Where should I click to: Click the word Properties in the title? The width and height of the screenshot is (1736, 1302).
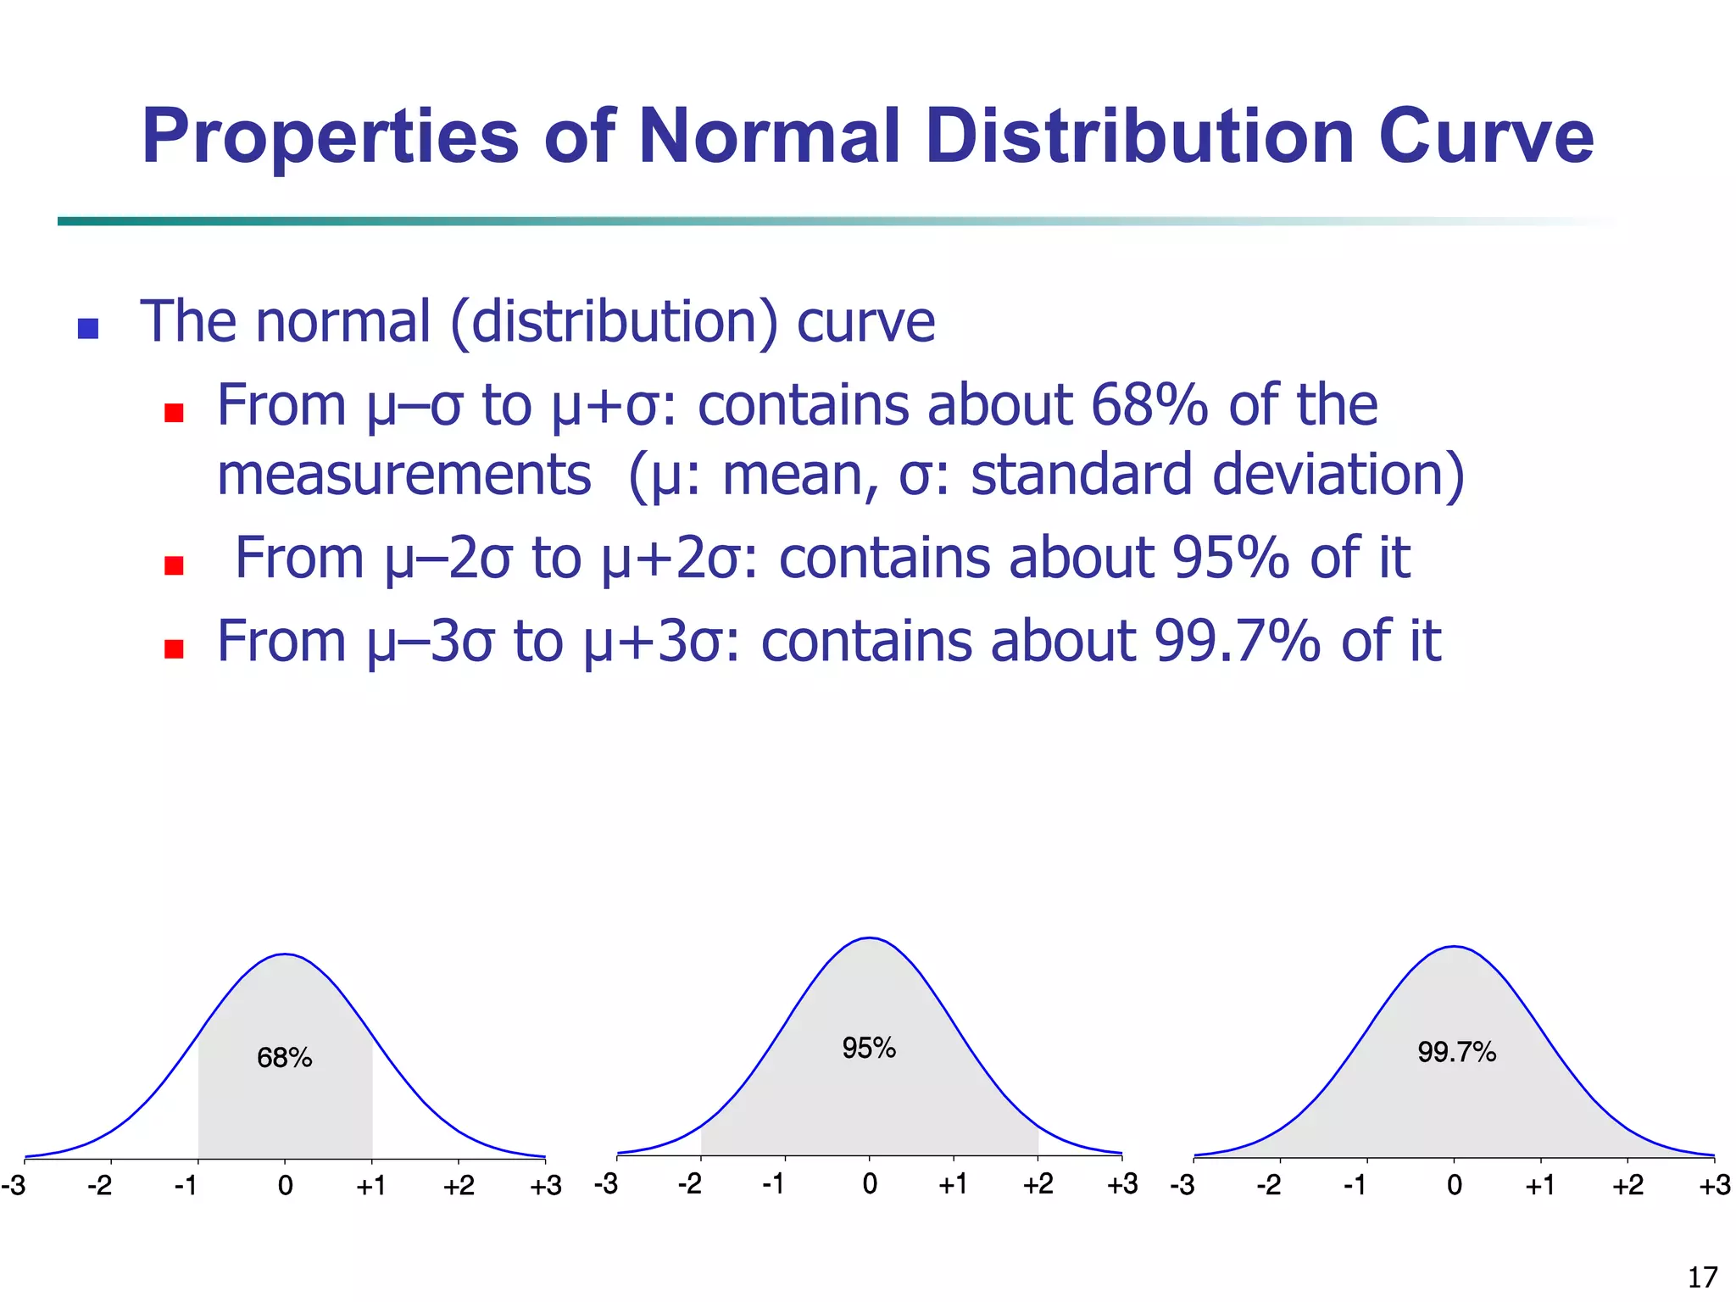(330, 137)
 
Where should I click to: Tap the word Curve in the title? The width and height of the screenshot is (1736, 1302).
(1486, 137)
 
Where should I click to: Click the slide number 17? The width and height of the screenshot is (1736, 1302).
(1702, 1277)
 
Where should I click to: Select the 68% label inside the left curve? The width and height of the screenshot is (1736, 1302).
(285, 1058)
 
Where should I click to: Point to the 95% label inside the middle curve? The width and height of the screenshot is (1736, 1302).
(869, 1049)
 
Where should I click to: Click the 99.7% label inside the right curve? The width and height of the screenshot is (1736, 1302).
(1456, 1053)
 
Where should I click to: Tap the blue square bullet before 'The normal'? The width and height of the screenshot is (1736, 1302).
(88, 328)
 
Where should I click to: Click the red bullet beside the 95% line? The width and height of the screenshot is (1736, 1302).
(174, 565)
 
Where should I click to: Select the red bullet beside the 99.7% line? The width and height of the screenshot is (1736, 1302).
(174, 648)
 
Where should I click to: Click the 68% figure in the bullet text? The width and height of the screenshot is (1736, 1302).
(1149, 405)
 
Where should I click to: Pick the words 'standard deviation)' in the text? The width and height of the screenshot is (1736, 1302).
(1217, 475)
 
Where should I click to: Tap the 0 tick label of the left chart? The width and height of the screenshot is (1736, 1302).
(285, 1185)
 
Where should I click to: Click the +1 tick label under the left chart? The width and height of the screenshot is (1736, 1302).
(371, 1185)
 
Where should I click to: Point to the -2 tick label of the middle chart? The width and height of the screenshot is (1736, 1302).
(689, 1183)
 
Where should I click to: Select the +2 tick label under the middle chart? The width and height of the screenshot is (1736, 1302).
(1038, 1183)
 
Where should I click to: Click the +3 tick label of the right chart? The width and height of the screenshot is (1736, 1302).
(1714, 1185)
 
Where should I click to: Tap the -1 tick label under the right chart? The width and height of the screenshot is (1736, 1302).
(1355, 1185)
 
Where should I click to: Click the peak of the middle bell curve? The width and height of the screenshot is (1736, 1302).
(869, 938)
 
